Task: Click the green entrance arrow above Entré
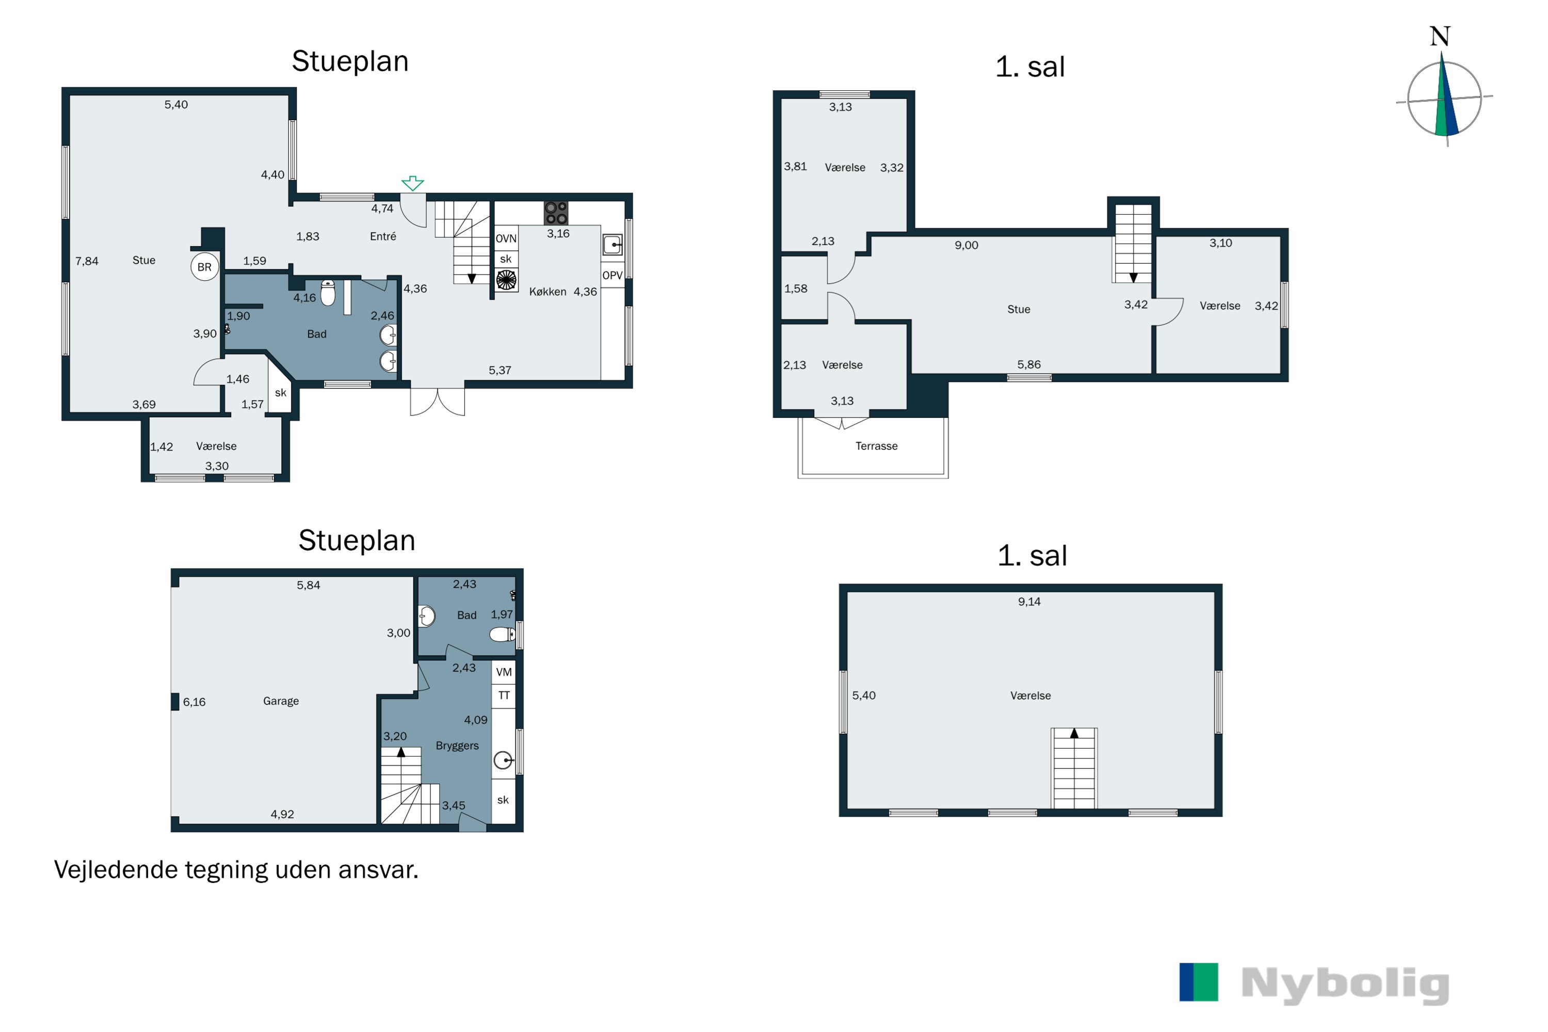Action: pos(413,183)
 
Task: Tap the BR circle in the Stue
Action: pos(205,267)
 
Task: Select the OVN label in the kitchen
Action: pos(506,238)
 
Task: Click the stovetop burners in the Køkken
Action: pos(556,213)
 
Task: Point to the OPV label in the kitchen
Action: pos(612,276)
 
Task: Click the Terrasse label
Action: pos(876,446)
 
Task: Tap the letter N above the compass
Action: pos(1440,36)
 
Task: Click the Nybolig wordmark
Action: pos(1345,985)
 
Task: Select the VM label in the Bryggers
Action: pos(504,672)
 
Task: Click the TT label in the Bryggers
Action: pos(504,696)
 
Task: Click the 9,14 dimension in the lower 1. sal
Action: pos(1029,602)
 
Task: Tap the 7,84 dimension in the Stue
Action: pos(86,261)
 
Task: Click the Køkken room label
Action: pos(547,292)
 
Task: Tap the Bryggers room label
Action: pos(457,746)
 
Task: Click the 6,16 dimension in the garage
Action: pos(194,702)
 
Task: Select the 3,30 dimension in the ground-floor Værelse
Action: pos(217,466)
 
